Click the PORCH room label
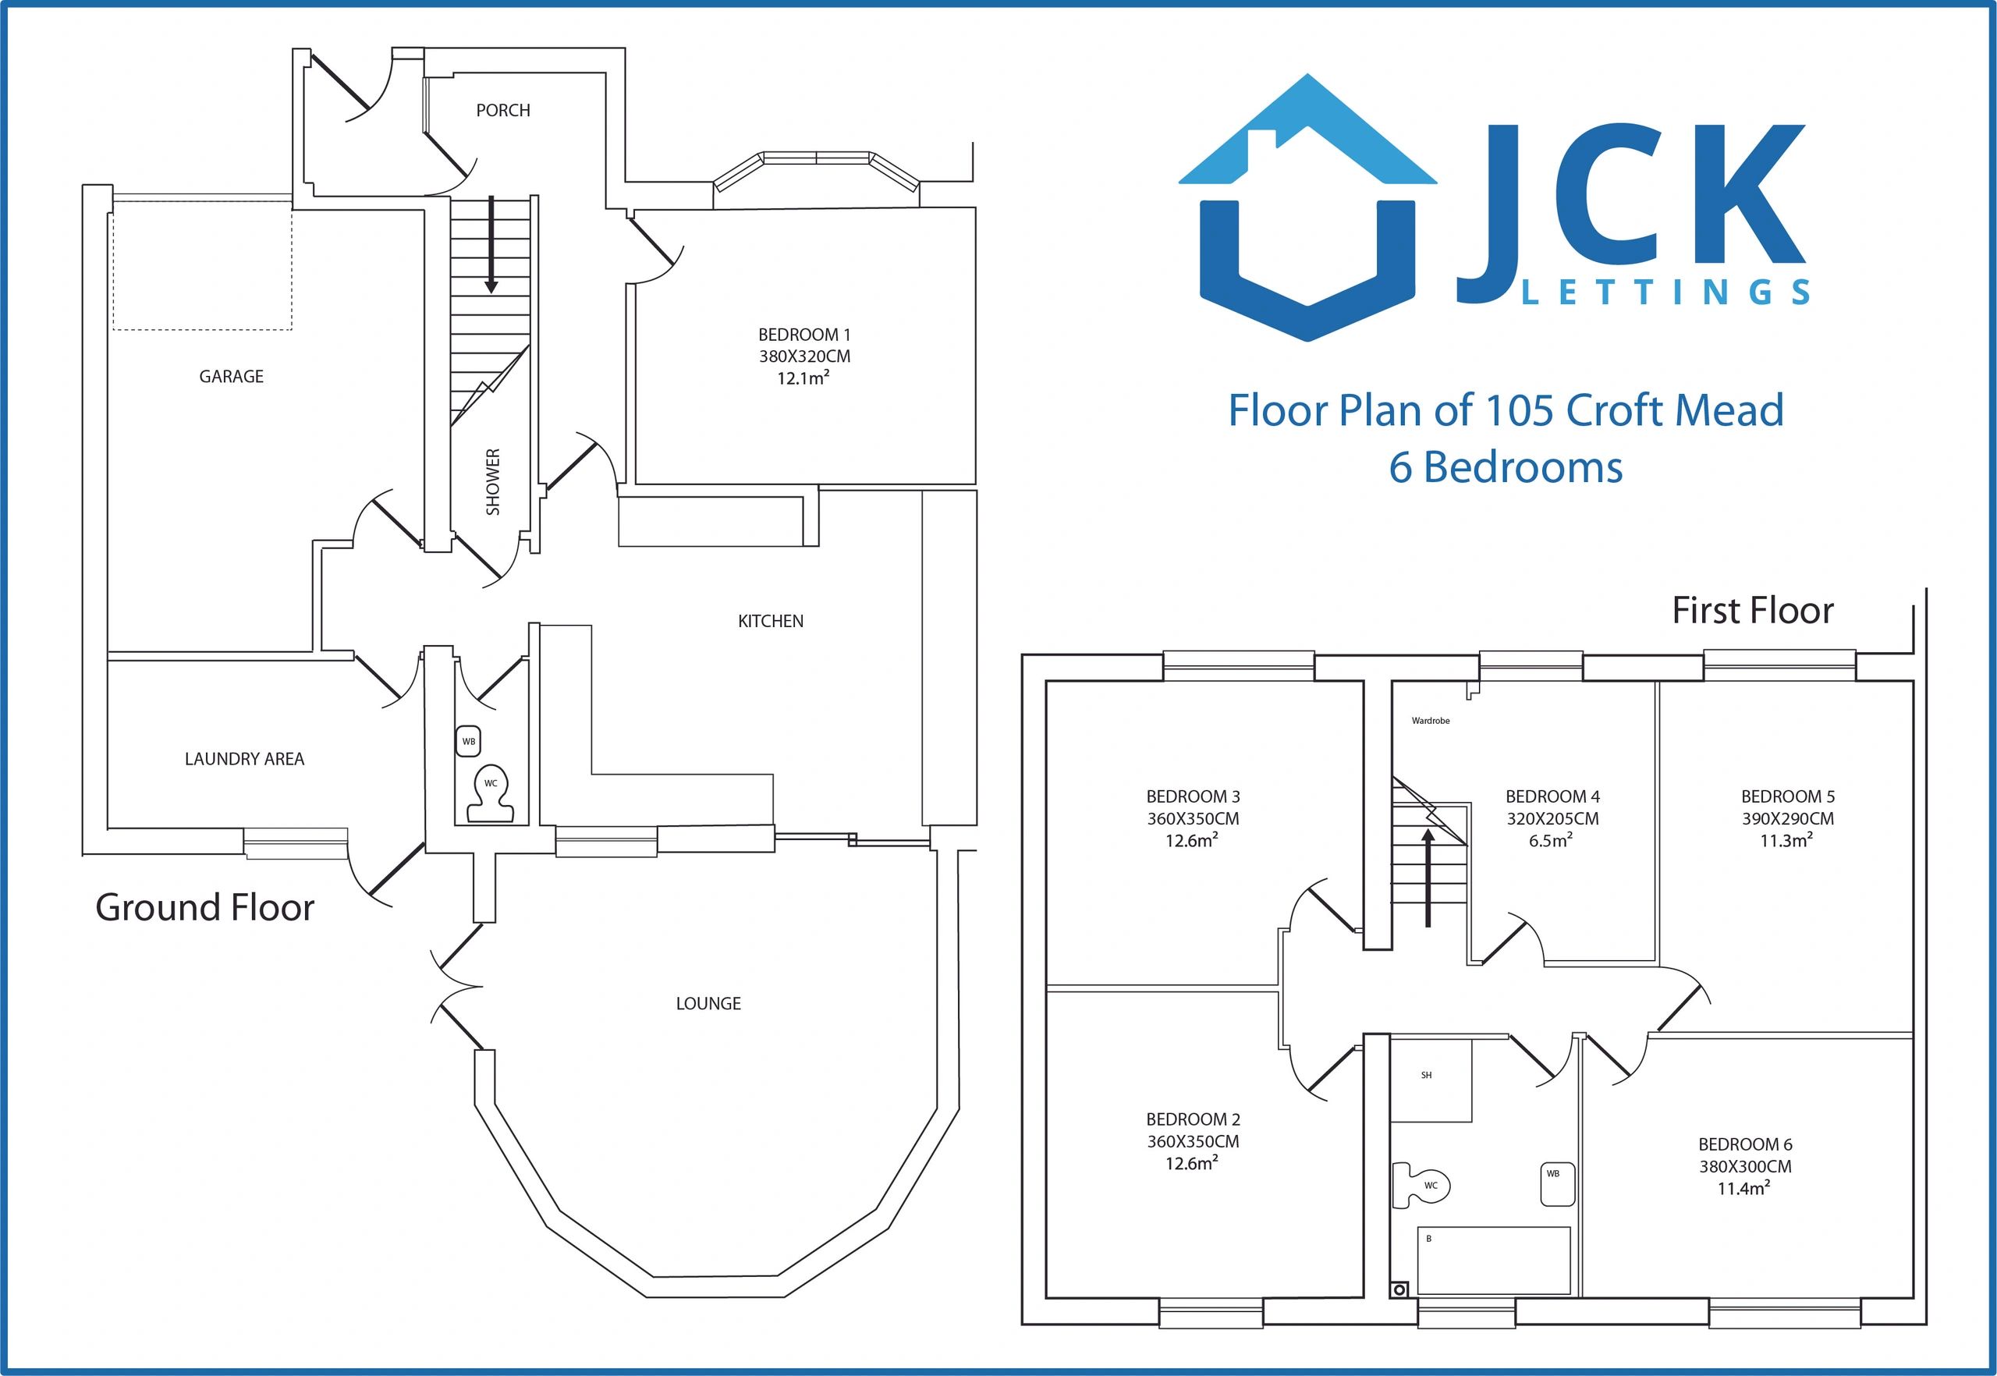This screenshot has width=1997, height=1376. point(502,110)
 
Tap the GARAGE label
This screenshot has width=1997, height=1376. point(231,376)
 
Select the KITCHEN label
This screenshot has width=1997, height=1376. point(770,621)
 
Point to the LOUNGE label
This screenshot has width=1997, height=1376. point(708,1002)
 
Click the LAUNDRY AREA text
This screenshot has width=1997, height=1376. point(244,759)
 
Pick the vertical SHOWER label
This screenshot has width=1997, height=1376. point(493,482)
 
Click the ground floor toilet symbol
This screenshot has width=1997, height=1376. point(490,793)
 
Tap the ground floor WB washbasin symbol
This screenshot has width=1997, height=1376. point(468,742)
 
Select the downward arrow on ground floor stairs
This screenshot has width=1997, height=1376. point(491,245)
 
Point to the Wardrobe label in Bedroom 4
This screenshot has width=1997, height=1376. point(1431,721)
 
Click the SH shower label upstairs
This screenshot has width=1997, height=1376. point(1426,1075)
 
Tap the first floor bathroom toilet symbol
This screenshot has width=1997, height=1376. point(1422,1186)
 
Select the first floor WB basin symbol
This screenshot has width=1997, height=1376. point(1557,1185)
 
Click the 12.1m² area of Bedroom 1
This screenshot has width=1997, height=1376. point(803,378)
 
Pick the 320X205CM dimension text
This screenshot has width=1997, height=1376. point(1552,818)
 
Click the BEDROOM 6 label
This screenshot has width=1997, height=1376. point(1745,1144)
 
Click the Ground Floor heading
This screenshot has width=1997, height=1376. point(204,908)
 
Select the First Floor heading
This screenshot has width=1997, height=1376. point(1753,611)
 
